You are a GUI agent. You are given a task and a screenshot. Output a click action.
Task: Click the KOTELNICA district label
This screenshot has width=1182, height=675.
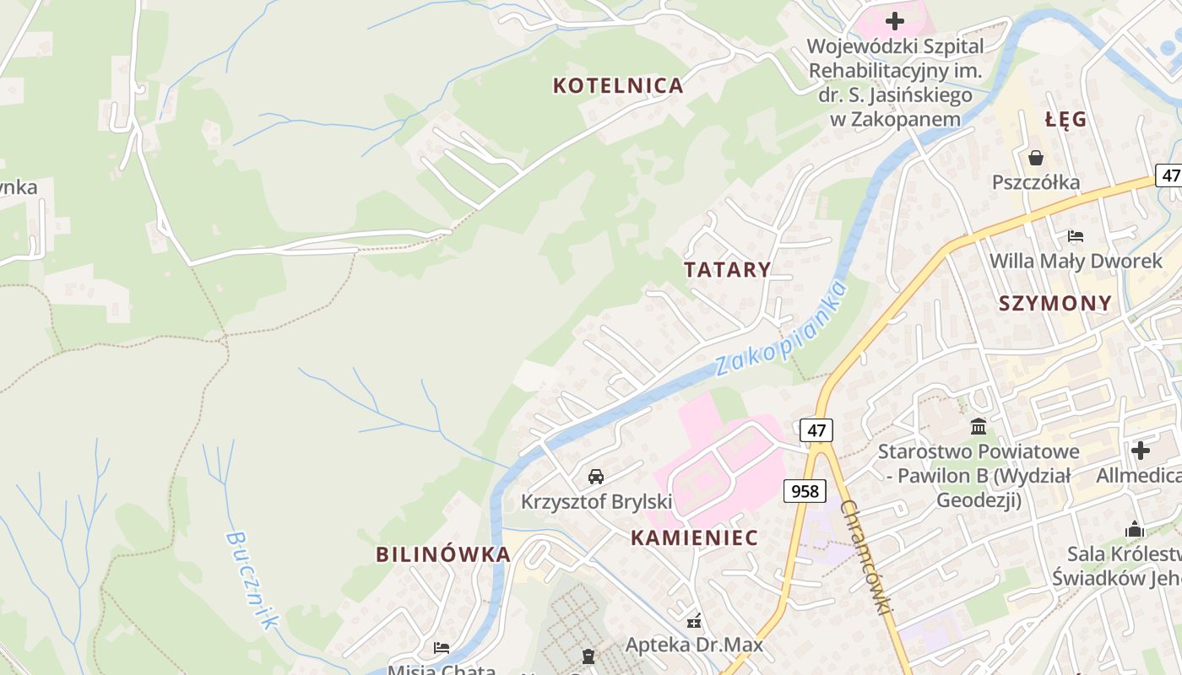click(617, 85)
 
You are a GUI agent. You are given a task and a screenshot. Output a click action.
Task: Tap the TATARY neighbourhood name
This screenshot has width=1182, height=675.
click(727, 270)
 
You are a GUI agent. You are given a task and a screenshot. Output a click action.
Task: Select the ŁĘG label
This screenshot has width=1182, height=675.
click(1065, 120)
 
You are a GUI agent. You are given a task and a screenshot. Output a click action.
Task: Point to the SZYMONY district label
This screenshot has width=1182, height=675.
click(1055, 304)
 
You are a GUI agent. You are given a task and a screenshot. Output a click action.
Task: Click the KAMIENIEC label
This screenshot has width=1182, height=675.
click(694, 538)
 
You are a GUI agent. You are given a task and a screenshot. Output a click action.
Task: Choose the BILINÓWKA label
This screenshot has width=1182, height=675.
click(443, 554)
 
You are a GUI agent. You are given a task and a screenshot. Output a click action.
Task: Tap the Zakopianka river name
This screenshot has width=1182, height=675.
click(780, 329)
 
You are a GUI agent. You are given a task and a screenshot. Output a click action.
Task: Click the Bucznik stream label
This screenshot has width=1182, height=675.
click(252, 580)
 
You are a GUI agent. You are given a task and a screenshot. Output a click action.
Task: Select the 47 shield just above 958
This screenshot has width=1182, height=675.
click(816, 430)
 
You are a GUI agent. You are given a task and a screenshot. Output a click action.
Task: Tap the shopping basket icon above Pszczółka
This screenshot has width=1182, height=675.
click(1036, 158)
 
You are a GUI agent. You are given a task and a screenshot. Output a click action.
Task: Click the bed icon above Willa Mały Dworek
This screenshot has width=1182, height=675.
click(1075, 236)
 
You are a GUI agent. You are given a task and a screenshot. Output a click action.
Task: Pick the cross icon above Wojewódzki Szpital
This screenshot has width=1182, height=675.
click(895, 20)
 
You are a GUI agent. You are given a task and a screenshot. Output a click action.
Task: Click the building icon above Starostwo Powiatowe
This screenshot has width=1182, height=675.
click(979, 426)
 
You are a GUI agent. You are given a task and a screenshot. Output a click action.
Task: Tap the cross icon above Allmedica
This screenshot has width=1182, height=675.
click(1141, 450)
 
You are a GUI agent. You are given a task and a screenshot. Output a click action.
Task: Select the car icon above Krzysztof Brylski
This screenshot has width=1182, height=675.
click(596, 477)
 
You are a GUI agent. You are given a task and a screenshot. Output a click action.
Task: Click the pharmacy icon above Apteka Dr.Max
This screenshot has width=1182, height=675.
click(694, 622)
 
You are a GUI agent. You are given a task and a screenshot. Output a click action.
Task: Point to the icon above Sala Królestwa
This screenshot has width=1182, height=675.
click(1135, 529)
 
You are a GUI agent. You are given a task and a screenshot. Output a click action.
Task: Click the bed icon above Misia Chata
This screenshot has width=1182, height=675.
click(442, 648)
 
